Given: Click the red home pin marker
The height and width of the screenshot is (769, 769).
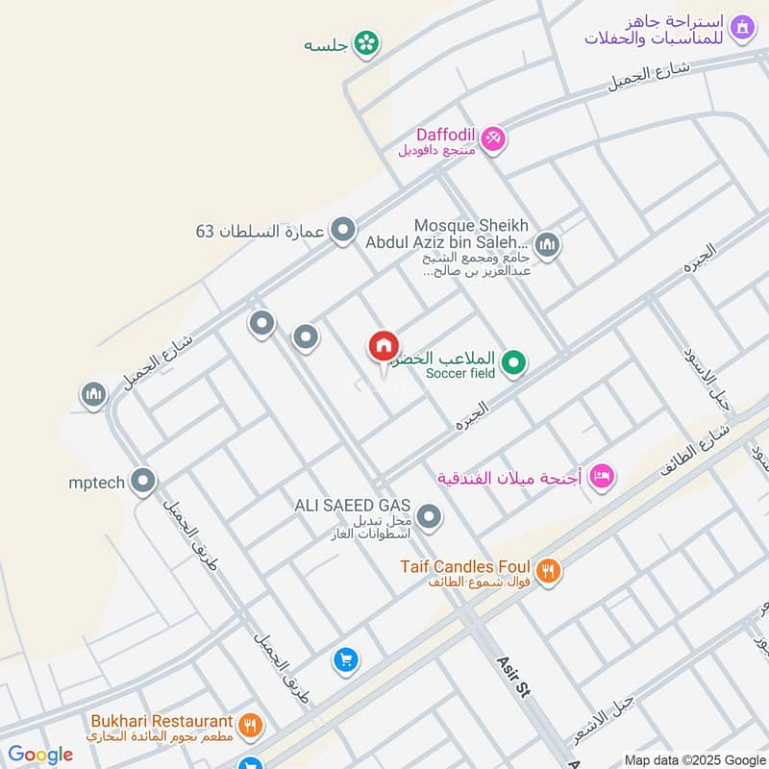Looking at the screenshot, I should point(383,347).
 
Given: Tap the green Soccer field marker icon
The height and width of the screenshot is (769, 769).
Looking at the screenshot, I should point(515,362).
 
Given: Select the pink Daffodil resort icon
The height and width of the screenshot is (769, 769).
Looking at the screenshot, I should point(493,138).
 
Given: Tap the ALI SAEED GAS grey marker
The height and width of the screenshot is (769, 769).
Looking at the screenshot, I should point(430,518).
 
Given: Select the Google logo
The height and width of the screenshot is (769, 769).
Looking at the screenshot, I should point(39,755).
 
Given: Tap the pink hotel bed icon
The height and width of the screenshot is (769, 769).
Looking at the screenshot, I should point(602,475).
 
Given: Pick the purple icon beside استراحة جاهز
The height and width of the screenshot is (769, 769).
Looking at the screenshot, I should point(741,27).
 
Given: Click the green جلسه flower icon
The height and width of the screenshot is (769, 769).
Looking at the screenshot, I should point(366,42).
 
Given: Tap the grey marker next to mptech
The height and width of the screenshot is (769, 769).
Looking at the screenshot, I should point(143,481).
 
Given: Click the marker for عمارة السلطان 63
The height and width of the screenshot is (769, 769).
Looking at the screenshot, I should point(342,231).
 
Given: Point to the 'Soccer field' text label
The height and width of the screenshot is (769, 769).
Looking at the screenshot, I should point(458,373).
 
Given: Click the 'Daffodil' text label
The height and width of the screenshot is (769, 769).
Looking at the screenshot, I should point(445,135).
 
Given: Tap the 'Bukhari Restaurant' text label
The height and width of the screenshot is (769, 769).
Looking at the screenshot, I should point(161,721).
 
